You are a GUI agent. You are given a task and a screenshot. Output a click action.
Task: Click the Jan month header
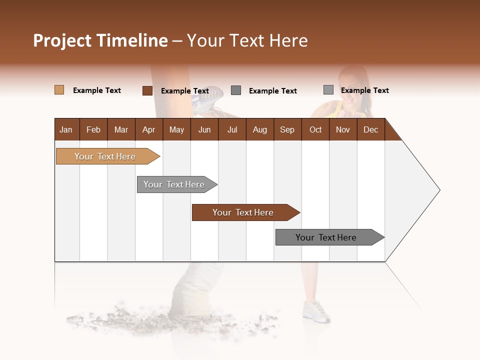point(66,130)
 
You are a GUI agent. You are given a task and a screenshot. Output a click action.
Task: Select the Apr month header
point(148,130)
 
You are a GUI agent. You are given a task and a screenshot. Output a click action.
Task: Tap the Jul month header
point(232,130)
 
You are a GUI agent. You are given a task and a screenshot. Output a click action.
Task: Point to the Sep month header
point(287,130)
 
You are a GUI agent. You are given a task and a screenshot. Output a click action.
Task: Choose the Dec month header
point(370,130)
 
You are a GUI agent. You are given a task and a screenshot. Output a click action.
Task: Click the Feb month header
point(93,130)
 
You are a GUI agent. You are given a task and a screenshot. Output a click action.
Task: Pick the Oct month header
point(315,130)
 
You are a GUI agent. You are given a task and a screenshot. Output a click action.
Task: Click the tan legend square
point(59,90)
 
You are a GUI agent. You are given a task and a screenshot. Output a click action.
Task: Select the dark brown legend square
point(147,90)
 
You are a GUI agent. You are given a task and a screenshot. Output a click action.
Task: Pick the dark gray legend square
point(236,90)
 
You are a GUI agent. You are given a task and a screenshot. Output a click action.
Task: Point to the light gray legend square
point(328,89)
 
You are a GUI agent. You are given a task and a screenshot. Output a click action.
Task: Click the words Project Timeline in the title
point(100,40)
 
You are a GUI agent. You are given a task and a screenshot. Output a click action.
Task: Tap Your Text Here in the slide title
point(247,40)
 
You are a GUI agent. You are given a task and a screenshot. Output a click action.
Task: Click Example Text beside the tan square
point(97,90)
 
